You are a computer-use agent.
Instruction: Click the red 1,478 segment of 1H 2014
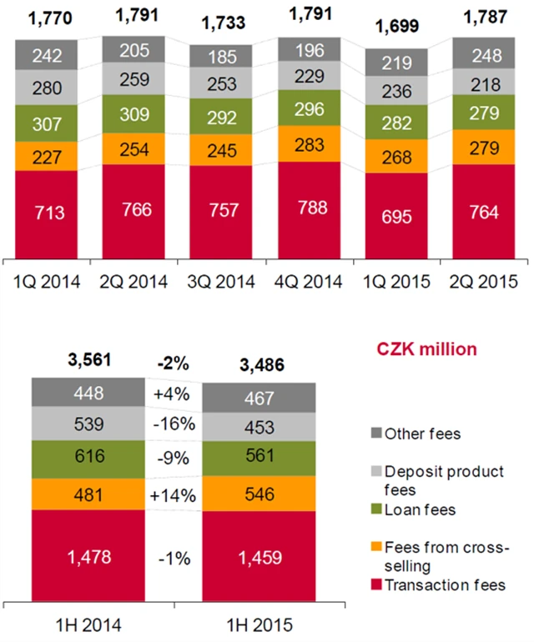pyautogui.click(x=88, y=554)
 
